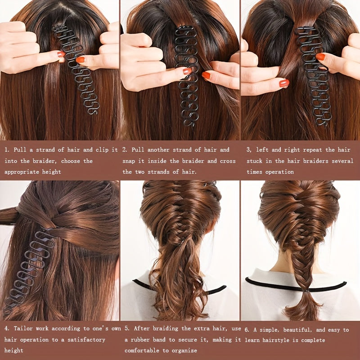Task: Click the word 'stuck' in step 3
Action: [256, 161]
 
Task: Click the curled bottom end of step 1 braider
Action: [92, 110]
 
